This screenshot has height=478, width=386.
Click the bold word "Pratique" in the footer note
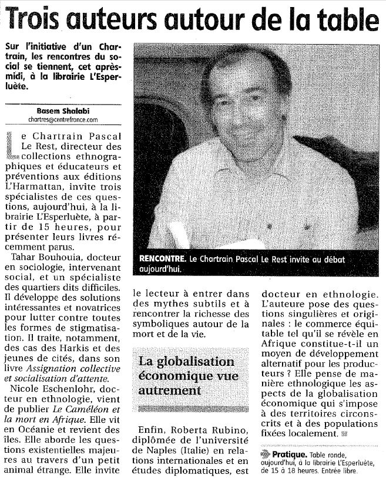click(287, 454)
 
